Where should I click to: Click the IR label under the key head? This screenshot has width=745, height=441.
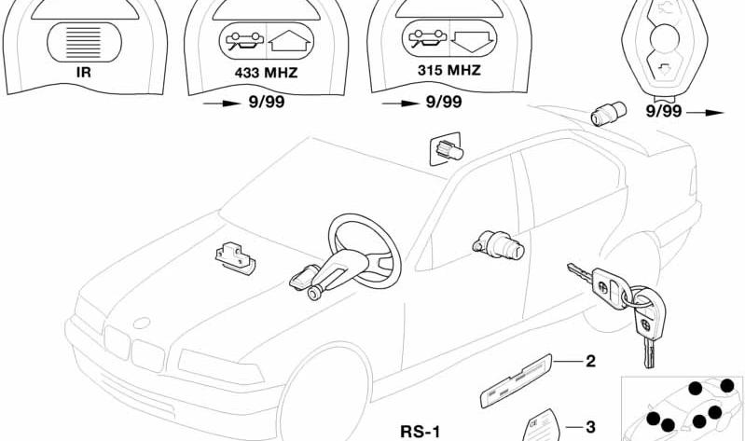point(83,73)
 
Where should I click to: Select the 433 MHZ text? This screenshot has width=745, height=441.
point(266,73)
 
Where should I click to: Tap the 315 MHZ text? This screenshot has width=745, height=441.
point(449,70)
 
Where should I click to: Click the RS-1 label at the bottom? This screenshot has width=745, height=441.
point(421,432)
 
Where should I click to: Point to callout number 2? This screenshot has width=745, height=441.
point(590,361)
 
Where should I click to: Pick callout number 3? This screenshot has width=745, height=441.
point(590,427)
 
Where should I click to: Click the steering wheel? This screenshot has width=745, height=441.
point(365,251)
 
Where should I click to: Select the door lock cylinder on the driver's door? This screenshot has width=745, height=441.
point(499,243)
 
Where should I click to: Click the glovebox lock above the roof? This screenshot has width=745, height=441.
point(448,149)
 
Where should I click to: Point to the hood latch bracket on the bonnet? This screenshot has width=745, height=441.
point(235,257)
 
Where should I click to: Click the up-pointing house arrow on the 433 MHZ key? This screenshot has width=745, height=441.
point(289,41)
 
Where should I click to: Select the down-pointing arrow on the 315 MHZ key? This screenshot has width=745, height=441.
point(473,41)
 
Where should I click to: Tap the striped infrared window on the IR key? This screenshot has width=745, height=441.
point(84,42)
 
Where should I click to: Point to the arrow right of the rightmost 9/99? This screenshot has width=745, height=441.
point(705,113)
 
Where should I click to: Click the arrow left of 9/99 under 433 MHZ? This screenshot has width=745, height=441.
point(222,103)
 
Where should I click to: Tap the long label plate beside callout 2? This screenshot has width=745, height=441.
point(516,380)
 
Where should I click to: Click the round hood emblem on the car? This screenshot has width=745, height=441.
point(142,323)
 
